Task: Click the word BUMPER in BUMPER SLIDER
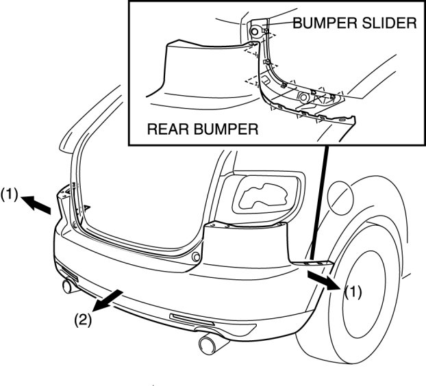(321, 23)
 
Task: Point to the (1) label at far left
(10, 194)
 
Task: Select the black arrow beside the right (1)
(322, 280)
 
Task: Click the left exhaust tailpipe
(69, 285)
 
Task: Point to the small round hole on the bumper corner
(196, 257)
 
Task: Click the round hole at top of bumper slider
(255, 31)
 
